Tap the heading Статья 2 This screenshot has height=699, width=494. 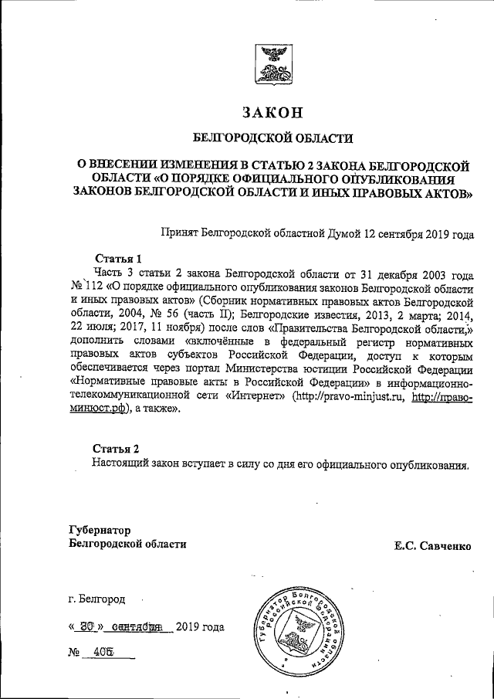(x=117, y=449)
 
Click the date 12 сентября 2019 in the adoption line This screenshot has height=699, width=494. (x=408, y=231)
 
